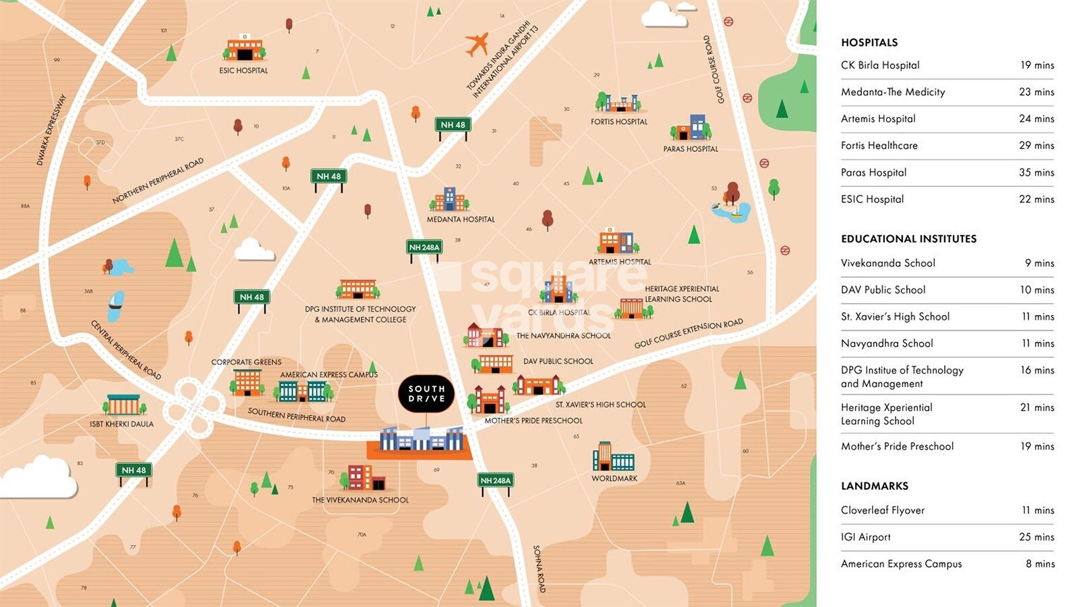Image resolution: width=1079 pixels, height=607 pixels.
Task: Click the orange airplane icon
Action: coord(477,45)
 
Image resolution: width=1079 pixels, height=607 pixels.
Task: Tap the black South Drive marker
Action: coord(426,394)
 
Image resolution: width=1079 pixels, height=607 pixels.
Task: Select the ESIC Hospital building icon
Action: coord(244,49)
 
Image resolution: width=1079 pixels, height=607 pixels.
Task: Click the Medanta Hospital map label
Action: coord(461,219)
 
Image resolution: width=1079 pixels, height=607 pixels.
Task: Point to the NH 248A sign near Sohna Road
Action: coord(496,481)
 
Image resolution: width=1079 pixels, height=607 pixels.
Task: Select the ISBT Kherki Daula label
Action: coord(121,424)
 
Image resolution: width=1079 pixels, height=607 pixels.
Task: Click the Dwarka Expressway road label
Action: coord(51,129)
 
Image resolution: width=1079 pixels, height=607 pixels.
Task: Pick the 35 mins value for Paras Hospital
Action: coord(1036,173)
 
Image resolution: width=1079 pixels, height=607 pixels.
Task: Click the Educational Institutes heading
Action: coord(908,239)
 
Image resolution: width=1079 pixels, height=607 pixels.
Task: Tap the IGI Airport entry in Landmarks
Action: coord(865,538)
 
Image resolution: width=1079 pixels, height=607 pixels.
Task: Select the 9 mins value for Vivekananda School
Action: coord(1039,263)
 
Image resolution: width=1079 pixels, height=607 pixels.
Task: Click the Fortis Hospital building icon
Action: coord(618,103)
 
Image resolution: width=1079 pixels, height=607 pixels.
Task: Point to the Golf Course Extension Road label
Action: coord(688,333)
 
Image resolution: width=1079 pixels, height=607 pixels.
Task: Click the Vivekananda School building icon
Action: coord(364,478)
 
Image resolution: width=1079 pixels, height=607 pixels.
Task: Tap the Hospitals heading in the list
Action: coord(869,42)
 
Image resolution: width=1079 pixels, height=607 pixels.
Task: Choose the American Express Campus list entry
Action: coord(901,564)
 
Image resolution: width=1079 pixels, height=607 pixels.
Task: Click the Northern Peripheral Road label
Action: coord(158,181)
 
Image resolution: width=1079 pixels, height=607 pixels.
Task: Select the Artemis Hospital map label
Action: coord(620,262)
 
